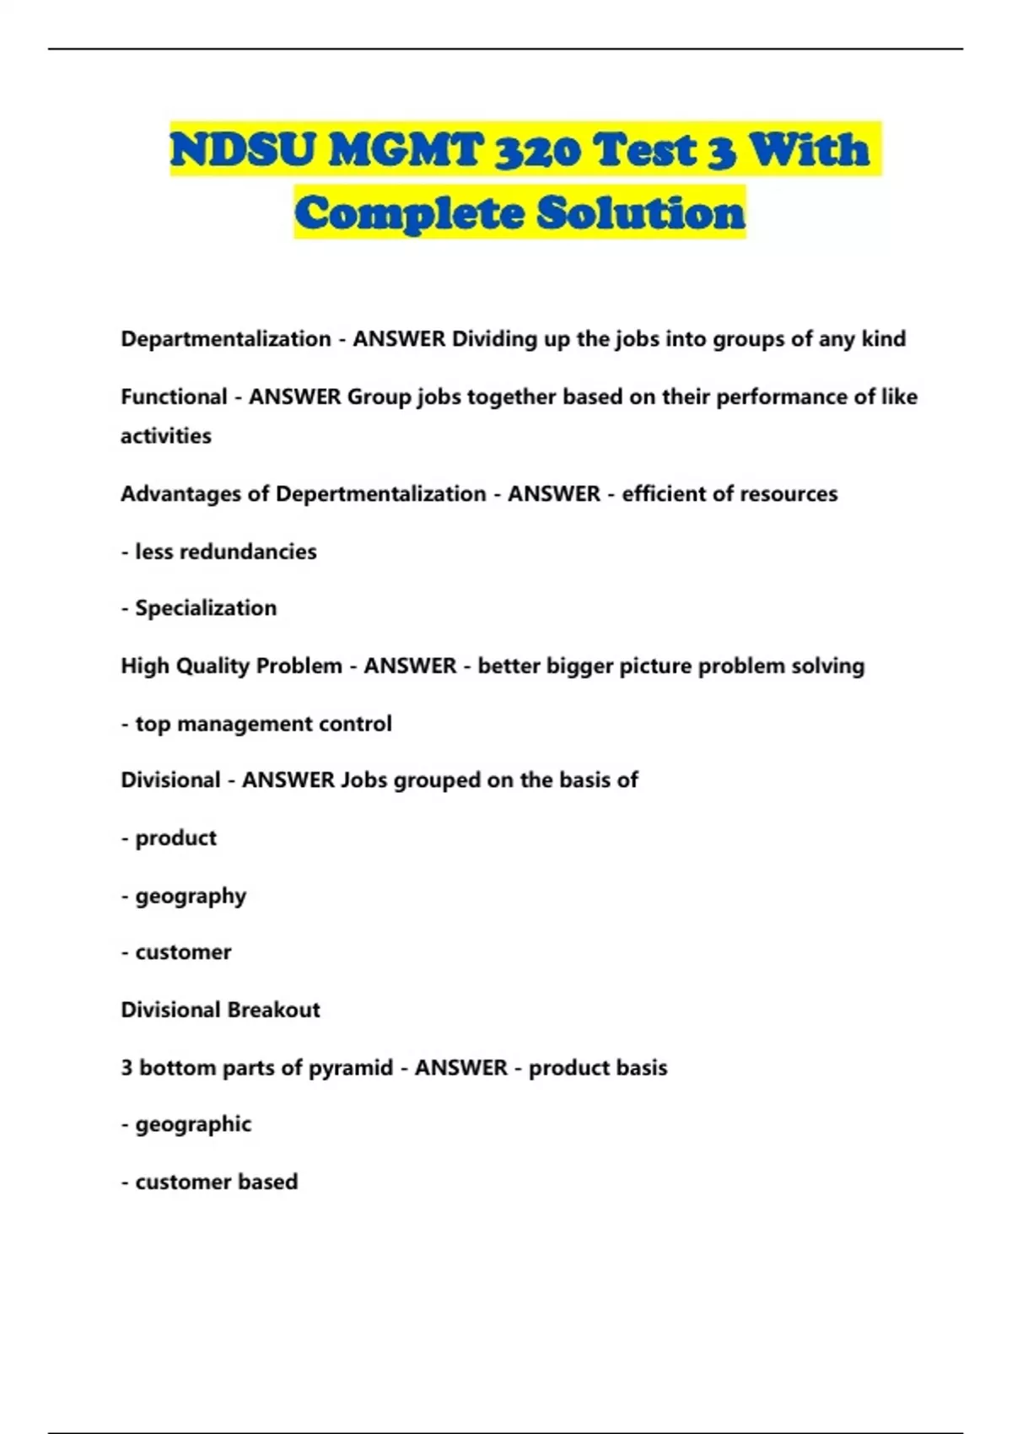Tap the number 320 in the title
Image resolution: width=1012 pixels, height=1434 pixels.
[536, 150]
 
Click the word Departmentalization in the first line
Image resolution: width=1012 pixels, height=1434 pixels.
[225, 339]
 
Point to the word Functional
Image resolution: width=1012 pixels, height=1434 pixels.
[174, 396]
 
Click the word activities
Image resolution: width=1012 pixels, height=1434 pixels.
[166, 436]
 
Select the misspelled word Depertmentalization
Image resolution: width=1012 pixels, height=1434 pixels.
[380, 493]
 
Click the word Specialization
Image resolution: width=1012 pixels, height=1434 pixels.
[206, 608]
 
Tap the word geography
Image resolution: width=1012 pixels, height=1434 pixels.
[191, 896]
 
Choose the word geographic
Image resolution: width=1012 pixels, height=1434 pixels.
[193, 1124]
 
